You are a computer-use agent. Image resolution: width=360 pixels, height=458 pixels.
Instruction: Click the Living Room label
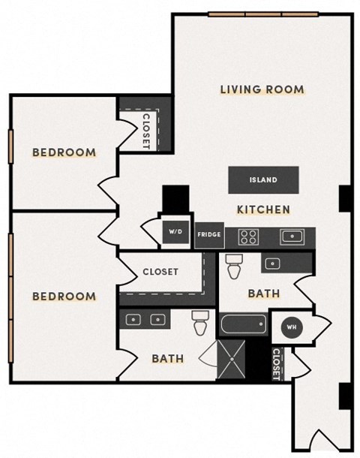pos(262,90)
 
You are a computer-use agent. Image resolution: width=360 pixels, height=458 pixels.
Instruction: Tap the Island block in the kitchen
pos(263,180)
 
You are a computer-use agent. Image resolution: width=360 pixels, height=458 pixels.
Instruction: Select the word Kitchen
pos(263,209)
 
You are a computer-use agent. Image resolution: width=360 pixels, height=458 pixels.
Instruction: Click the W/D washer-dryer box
pos(178,232)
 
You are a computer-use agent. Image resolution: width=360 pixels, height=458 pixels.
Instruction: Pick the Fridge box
pos(208,235)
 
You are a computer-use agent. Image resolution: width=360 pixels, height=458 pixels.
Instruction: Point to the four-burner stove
pos(248,237)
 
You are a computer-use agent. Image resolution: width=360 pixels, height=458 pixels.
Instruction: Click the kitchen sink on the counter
pos(290,237)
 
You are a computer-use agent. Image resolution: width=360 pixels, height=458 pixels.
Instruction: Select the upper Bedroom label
pos(64,153)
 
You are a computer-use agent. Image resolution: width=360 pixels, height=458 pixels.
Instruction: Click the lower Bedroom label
pos(64,296)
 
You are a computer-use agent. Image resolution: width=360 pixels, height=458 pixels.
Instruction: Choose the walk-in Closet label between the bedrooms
pos(160,272)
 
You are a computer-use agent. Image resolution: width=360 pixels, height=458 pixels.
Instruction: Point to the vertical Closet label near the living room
pos(146,129)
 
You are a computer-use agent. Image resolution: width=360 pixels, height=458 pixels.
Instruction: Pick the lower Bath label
pos(167,359)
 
